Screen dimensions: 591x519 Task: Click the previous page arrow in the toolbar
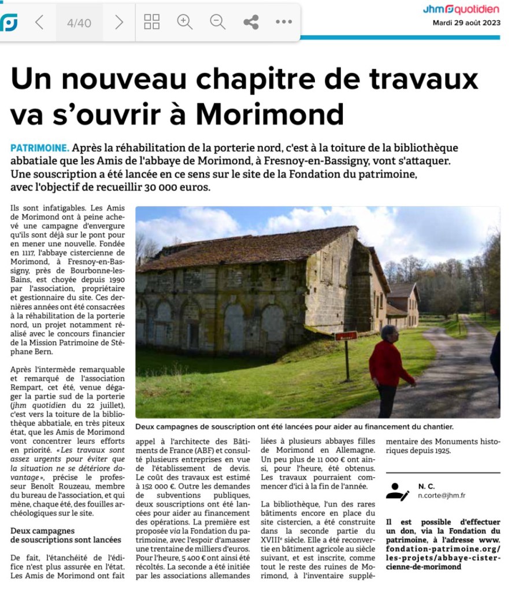[x=39, y=23]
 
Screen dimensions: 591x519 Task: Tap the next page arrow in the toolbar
[x=119, y=23]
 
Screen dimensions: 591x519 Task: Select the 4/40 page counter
[x=79, y=23]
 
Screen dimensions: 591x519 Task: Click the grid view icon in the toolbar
[x=151, y=23]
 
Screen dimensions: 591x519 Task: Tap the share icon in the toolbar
[x=251, y=23]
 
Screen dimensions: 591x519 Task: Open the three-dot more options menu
[x=284, y=23]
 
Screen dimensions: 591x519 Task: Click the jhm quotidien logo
[x=461, y=9]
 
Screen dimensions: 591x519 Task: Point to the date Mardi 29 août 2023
[x=466, y=23]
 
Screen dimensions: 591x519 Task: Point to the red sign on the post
[x=346, y=336]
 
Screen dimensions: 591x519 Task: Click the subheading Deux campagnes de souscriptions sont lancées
[x=66, y=535]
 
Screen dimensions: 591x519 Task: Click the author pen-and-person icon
[x=397, y=491]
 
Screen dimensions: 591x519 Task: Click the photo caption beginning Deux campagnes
[x=294, y=427]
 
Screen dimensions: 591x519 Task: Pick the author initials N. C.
[x=426, y=486]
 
